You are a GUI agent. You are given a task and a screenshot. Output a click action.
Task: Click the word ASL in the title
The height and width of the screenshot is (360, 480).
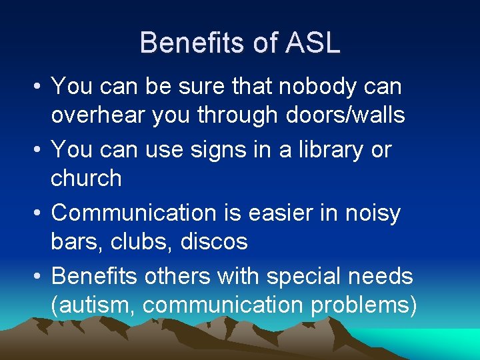click(313, 43)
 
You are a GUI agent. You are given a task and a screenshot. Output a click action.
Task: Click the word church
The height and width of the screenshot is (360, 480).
click(86, 179)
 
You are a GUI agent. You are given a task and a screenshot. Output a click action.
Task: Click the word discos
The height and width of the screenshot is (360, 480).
click(215, 241)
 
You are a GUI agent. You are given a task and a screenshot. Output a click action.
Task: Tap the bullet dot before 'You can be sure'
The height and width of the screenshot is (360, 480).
click(34, 87)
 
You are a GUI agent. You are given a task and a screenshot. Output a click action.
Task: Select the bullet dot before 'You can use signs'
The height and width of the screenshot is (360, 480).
click(34, 150)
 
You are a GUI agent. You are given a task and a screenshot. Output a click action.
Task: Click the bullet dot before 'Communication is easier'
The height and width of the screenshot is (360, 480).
click(34, 213)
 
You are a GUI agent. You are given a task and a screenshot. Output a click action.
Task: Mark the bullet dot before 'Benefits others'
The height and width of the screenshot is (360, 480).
click(34, 276)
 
